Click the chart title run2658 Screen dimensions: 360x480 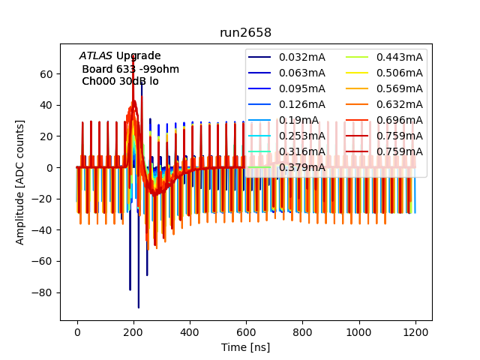[x=245, y=33]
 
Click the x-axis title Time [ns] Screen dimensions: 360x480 [x=245, y=347]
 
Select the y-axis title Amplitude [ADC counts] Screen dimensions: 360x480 [x=20, y=181]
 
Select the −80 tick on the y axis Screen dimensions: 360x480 [x=46, y=292]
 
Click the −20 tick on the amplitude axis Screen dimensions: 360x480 [x=46, y=199]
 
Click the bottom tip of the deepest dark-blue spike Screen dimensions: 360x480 [x=139, y=307]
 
